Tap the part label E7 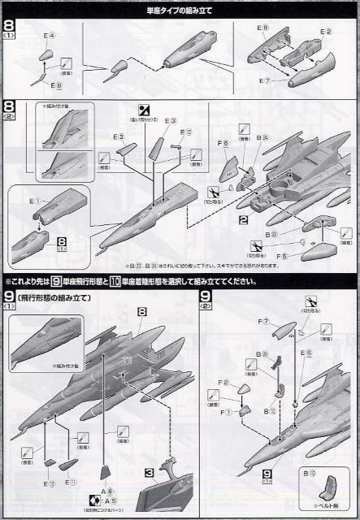click(x=263, y=81)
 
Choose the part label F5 click(x=281, y=257)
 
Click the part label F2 click(x=226, y=382)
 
